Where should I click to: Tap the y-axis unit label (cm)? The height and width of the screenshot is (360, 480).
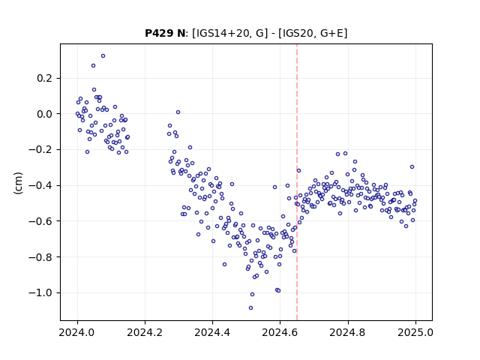(18, 183)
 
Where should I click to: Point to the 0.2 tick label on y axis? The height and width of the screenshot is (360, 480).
(45, 78)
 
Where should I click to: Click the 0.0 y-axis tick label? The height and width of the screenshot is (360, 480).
(45, 114)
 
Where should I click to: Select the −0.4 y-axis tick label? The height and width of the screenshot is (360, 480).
(40, 186)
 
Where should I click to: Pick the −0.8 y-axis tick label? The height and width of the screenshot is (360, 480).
(40, 257)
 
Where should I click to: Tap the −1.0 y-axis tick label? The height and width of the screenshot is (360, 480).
(40, 293)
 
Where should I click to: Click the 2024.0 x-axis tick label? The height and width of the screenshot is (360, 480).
(77, 332)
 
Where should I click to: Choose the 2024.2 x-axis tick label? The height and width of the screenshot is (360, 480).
(145, 332)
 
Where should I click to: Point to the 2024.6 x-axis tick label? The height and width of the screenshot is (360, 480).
(280, 332)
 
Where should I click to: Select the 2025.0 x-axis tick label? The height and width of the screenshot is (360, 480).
(415, 332)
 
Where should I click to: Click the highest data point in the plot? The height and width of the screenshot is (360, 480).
(103, 56)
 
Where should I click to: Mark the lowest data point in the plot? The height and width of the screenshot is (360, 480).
(250, 308)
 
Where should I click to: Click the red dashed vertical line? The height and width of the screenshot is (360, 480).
(297, 182)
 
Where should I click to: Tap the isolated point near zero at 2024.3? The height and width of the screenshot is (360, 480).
(178, 112)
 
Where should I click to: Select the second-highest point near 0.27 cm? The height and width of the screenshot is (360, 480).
(93, 66)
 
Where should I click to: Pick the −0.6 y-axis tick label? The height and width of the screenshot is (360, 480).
(40, 222)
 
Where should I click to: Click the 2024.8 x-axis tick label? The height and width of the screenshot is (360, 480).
(347, 332)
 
